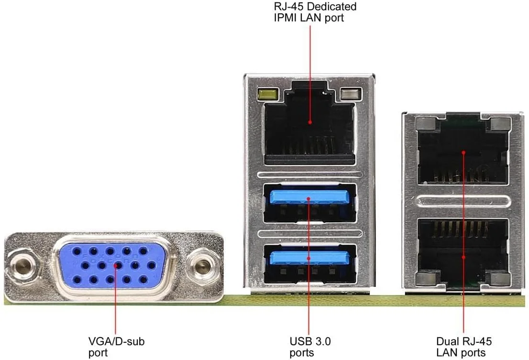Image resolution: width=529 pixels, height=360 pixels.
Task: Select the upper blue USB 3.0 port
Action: point(309,197)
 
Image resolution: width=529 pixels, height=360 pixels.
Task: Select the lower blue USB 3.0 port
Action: point(309,258)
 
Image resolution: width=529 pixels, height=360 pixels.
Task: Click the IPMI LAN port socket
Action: point(309,127)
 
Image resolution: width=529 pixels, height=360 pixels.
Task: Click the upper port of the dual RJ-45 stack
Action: point(463,152)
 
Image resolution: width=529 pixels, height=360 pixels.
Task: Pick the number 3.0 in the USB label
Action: point(321,342)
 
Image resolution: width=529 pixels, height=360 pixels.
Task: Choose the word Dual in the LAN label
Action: point(447,342)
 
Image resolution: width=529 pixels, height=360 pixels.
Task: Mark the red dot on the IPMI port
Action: point(309,122)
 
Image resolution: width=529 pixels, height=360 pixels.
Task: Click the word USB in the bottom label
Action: point(299,342)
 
